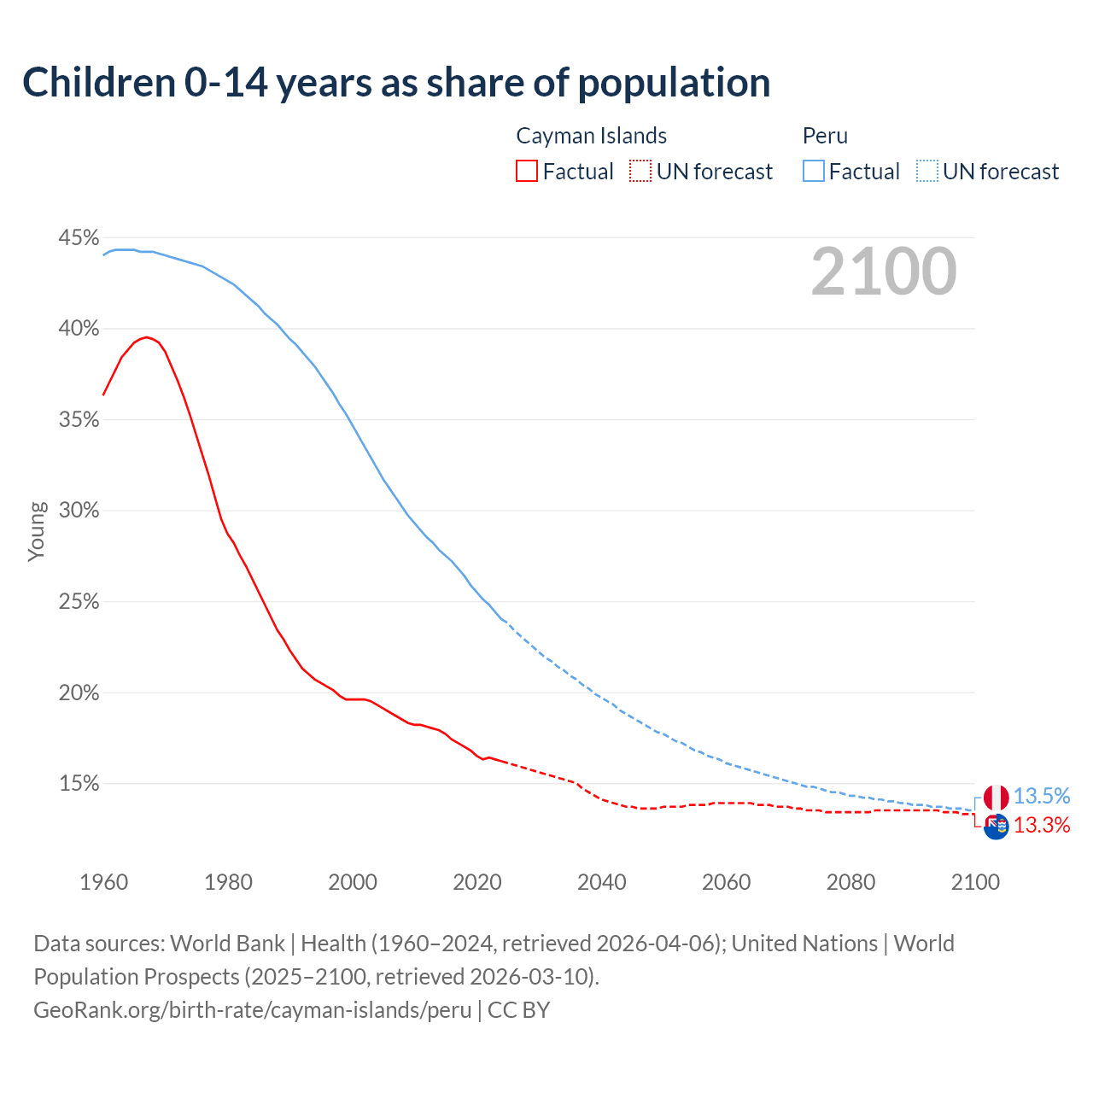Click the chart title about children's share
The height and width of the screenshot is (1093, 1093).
coord(396,82)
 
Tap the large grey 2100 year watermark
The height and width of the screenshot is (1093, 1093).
coord(884,272)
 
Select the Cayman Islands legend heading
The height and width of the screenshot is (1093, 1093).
coord(591,136)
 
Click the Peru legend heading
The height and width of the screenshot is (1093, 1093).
coord(825,136)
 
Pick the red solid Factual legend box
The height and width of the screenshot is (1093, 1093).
coord(527,172)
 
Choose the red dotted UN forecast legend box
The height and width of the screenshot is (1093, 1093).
coord(640,172)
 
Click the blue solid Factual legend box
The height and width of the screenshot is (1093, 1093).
coord(814,172)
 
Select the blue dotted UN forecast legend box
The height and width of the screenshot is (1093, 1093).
coord(926,172)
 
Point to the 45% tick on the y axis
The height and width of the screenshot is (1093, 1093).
coord(79,237)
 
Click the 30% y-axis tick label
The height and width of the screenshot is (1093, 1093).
coord(79,511)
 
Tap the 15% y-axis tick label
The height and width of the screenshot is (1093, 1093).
coord(79,784)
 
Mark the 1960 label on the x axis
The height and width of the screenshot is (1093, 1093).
coord(103,882)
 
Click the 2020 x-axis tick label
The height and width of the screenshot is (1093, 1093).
coord(476,882)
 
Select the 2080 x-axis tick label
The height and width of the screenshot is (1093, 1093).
coord(850,882)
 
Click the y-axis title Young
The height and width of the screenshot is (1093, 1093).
coord(37,531)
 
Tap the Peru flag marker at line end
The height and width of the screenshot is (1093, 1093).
coord(996,798)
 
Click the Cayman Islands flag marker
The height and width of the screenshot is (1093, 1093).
coord(996,827)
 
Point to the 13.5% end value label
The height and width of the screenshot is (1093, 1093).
coord(1042,796)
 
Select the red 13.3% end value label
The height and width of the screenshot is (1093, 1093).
coord(1042,825)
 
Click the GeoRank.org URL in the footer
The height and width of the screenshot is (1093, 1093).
coord(252,1009)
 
